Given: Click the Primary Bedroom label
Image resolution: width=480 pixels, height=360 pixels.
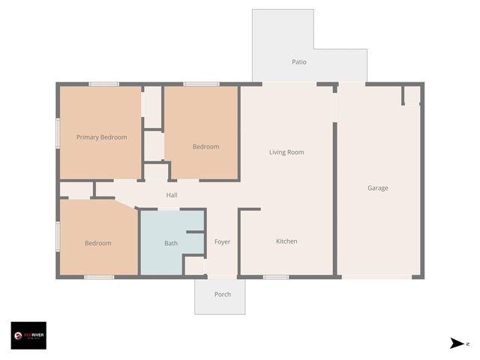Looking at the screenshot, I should click(101, 137).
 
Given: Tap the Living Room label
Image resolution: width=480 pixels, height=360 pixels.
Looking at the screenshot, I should click(286, 152).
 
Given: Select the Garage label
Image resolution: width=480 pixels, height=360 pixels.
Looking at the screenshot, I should click(377, 188).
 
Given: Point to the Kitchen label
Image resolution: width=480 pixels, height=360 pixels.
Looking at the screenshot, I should click(286, 241).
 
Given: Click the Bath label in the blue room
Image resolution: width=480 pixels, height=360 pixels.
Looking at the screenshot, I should click(171, 243).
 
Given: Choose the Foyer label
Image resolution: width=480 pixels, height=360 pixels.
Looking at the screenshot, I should click(222, 242).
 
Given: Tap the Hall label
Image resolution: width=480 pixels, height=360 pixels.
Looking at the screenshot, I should click(172, 196).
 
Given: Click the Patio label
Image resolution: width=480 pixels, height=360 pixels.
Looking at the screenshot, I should click(299, 62).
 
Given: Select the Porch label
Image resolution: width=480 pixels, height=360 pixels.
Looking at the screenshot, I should click(223, 294).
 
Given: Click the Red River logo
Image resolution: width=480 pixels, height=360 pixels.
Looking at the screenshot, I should click(28, 335).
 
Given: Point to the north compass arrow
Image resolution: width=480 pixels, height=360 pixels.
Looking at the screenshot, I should click(457, 343).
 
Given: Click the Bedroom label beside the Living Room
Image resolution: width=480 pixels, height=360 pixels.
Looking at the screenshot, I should click(205, 147).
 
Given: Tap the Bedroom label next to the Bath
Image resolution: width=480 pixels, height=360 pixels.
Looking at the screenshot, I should click(97, 243).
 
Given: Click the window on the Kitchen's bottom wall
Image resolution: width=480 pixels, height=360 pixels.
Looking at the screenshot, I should click(276, 277).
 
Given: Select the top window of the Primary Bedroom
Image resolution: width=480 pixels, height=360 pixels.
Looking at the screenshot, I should click(104, 84).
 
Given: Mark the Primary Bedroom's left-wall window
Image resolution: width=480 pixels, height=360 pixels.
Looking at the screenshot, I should click(58, 132).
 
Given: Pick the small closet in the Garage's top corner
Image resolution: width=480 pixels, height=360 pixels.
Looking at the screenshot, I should click(411, 95).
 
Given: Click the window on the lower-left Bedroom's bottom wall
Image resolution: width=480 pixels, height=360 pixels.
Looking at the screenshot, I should click(99, 277).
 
